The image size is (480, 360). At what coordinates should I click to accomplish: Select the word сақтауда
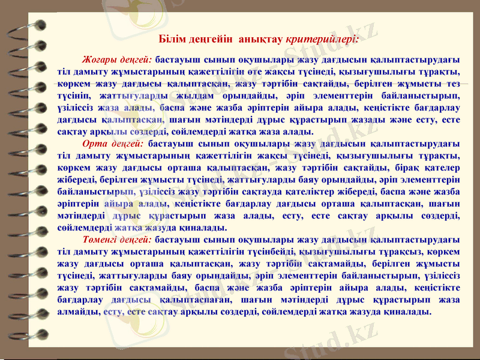click(268, 192)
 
